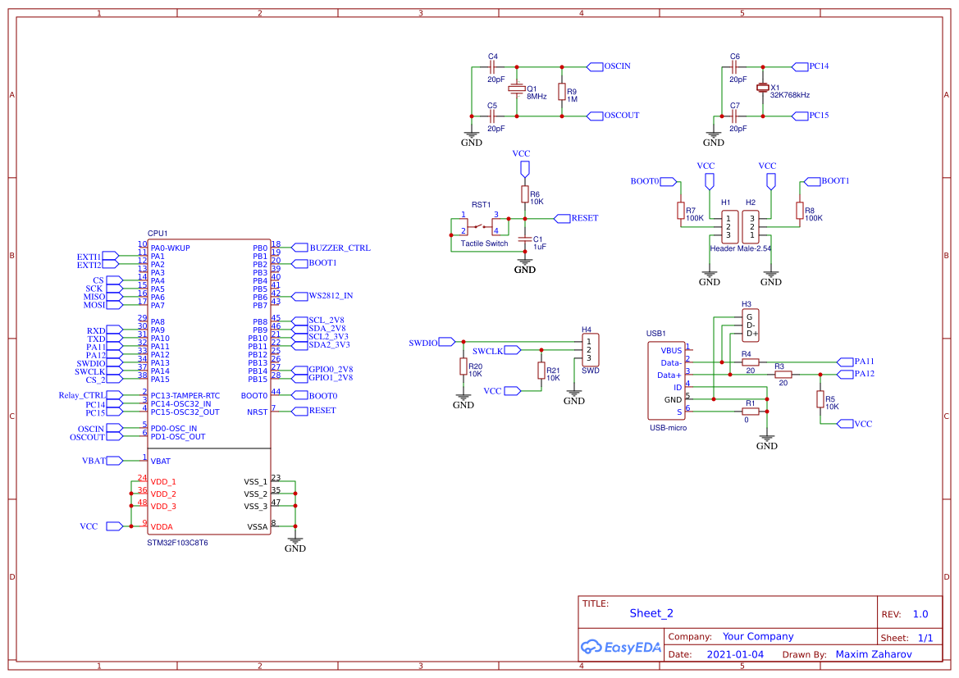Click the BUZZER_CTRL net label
pos(340,248)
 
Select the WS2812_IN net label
pos(331,295)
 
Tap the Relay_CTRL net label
pos(82,395)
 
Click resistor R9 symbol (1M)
pos(562,92)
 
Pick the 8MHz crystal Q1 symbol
pos(516,89)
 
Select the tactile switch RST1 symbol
pos(480,225)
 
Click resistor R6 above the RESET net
pos(525,194)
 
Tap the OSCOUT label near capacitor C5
pos(621,116)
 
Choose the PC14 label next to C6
pos(818,66)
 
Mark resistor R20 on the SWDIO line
pos(464,366)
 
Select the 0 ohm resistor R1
pos(750,412)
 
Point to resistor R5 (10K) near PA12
pos(820,399)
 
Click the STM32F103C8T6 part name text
pos(177,543)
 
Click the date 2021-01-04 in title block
pos(734,654)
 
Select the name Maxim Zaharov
pos(873,654)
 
